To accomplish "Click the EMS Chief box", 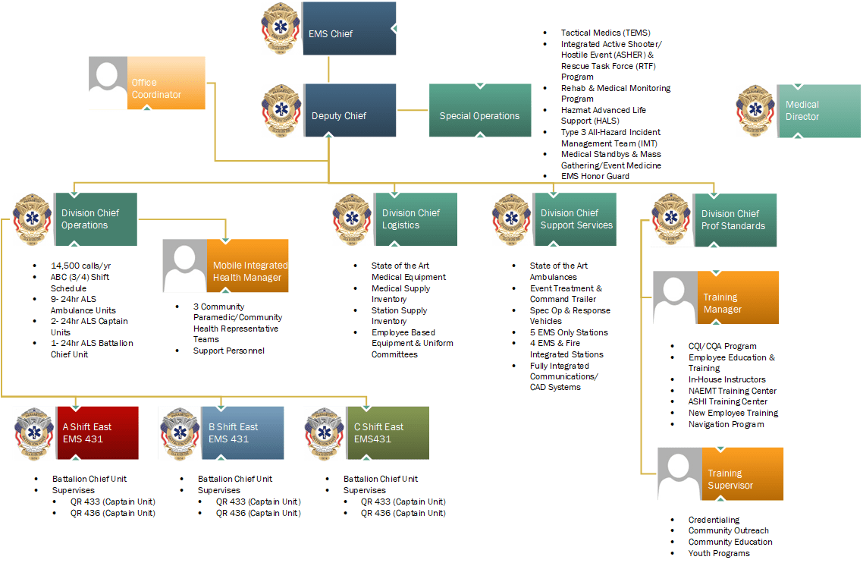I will tap(348, 29).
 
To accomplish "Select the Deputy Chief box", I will tap(350, 111).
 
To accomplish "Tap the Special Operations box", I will tap(479, 111).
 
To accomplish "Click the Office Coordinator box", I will tap(166, 83).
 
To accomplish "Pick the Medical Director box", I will tap(818, 111).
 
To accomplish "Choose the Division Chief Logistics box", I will tap(414, 219).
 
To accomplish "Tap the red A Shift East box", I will tap(97, 432).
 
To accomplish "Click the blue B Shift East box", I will tap(242, 432).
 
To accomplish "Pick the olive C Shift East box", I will tap(387, 432).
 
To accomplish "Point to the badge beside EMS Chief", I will tap(280, 29).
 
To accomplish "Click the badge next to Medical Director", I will tap(755, 111).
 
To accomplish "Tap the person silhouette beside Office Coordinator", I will tap(108, 83).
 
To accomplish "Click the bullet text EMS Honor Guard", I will tap(595, 176).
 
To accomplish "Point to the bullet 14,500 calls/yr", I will tap(80, 266).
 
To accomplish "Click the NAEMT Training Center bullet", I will tap(732, 391).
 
